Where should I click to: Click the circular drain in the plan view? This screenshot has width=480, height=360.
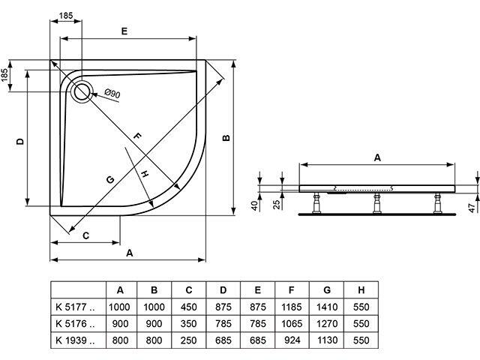click(82, 91)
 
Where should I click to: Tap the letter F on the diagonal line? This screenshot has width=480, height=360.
click(137, 136)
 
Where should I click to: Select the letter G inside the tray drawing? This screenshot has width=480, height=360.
click(109, 179)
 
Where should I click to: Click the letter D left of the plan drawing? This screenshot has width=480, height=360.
click(21, 140)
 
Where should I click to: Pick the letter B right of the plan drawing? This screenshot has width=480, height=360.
click(225, 137)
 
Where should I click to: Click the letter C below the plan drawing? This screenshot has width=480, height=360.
click(86, 235)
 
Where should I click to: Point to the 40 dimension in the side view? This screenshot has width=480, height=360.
click(255, 204)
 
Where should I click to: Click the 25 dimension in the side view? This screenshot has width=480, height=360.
click(275, 204)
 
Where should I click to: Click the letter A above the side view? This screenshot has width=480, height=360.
click(377, 157)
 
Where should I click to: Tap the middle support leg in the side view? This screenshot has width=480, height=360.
click(375, 202)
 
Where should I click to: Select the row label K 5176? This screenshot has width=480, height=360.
click(76, 323)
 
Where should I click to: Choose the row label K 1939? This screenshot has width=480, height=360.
click(76, 340)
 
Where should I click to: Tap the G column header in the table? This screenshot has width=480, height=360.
click(326, 289)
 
